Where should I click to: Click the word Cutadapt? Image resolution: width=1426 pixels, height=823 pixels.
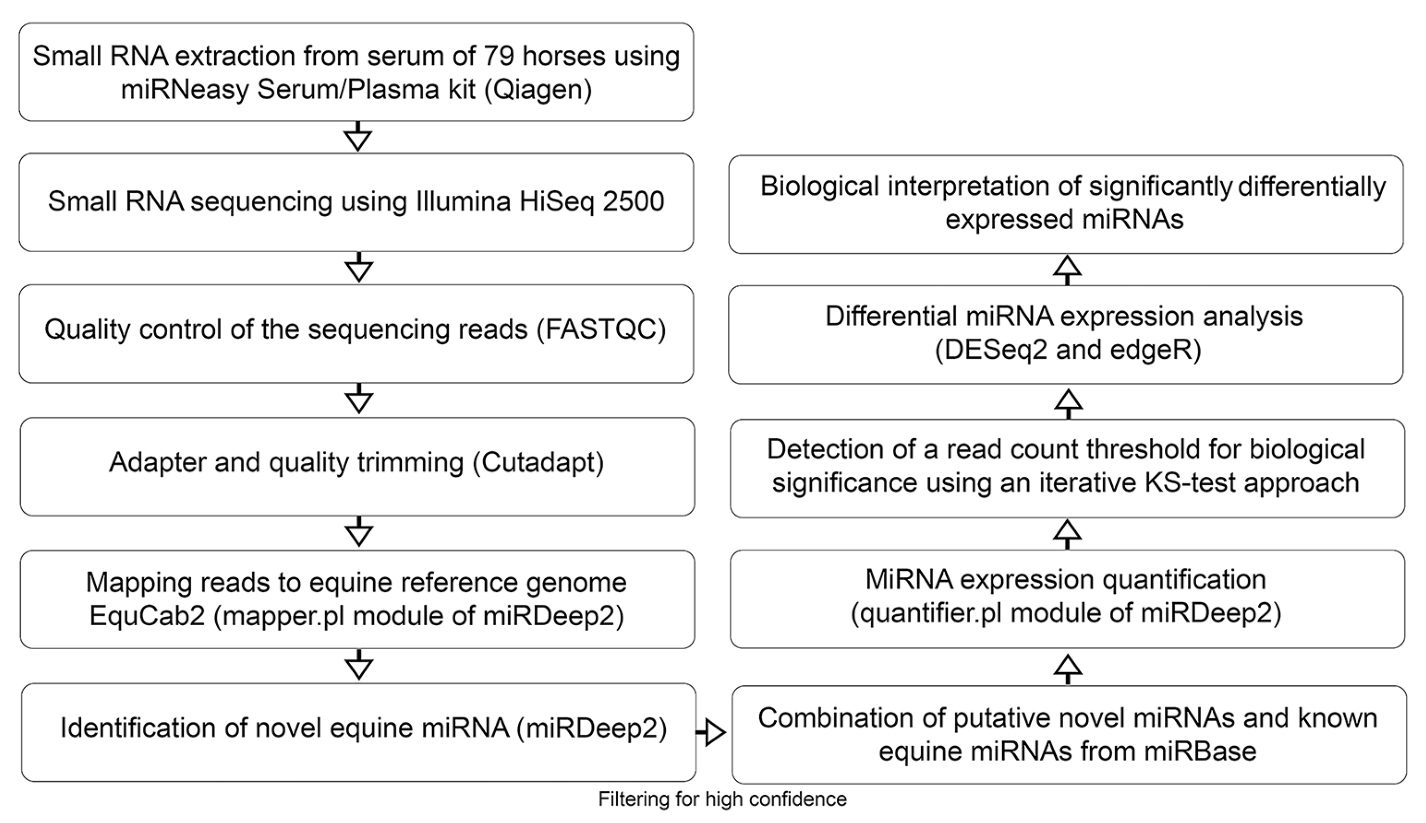coord(538,462)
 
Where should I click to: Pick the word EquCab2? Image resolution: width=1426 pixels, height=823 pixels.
coord(147,615)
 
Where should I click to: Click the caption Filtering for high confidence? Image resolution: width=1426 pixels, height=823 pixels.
coord(722,799)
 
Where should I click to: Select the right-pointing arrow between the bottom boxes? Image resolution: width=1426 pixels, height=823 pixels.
coord(711,732)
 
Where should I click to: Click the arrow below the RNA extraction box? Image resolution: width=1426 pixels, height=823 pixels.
coord(358,137)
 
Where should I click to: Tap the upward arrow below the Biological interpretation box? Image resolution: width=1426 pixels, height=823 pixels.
coord(1067,269)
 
